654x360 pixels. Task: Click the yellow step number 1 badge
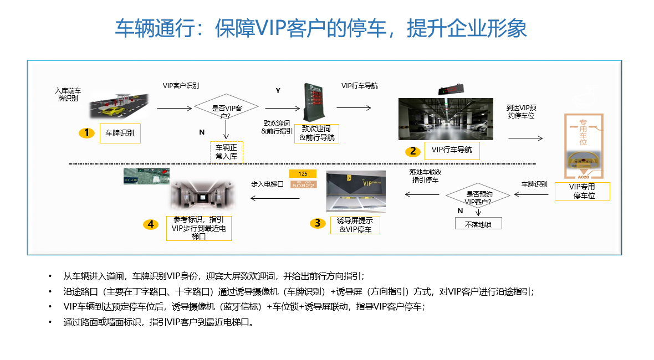[x=86, y=133]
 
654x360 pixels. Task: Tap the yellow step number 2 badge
[x=412, y=151]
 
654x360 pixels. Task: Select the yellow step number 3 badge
[x=317, y=223]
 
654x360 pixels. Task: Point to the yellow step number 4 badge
[x=151, y=224]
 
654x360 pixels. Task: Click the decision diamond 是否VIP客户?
[x=227, y=109]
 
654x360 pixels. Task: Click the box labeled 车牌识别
[x=120, y=133]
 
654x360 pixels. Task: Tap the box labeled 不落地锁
[x=478, y=224]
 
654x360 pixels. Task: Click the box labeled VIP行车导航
[x=451, y=150]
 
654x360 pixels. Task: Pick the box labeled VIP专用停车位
[x=583, y=191]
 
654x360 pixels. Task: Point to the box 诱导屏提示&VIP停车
[x=355, y=225]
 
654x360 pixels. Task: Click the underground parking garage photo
[x=446, y=119]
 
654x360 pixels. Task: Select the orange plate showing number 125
[x=303, y=173]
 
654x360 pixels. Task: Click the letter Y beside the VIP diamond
[x=278, y=90]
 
